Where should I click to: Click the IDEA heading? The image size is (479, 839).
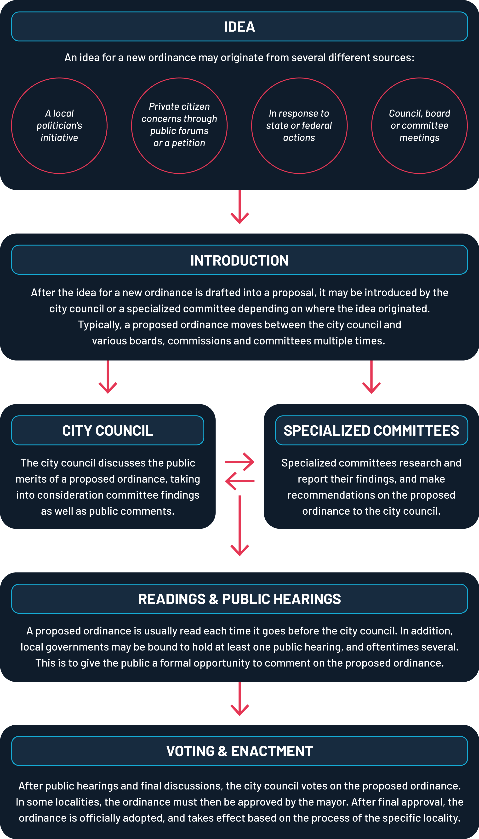[x=239, y=27]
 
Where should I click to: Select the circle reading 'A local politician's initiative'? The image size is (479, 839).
[x=59, y=126]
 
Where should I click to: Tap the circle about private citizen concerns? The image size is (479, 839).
[x=179, y=126]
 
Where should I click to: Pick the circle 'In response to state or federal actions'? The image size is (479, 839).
[x=299, y=126]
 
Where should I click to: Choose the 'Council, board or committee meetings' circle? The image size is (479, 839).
[x=419, y=126]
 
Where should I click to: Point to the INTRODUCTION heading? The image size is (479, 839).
[x=239, y=260]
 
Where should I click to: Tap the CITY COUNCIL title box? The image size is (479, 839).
[x=108, y=431]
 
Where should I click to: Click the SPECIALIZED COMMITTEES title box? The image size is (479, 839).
[x=371, y=431]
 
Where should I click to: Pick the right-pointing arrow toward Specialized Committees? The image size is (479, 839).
[x=239, y=462]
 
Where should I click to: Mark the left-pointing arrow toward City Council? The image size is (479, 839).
[x=239, y=481]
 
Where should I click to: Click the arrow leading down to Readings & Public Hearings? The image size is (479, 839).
[x=239, y=526]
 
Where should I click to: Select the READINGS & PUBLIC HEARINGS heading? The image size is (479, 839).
[x=239, y=599]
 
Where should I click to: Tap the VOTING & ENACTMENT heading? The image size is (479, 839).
[x=239, y=751]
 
